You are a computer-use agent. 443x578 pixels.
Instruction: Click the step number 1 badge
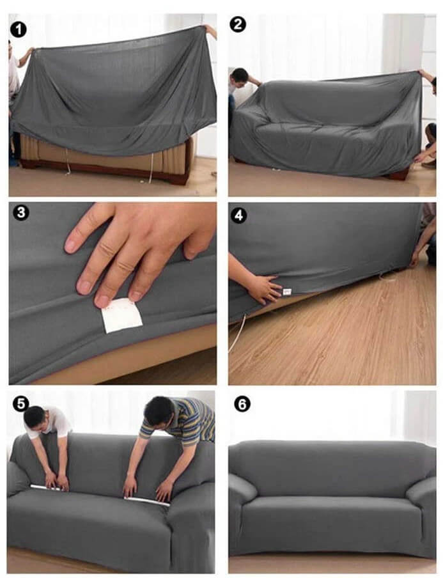pyautogui.click(x=19, y=29)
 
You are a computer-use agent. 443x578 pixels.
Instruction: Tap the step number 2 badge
pyautogui.click(x=237, y=24)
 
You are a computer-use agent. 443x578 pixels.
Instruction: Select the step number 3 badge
pyautogui.click(x=20, y=213)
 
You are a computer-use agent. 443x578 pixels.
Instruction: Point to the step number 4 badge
pyautogui.click(x=238, y=215)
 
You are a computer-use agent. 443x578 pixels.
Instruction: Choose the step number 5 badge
pyautogui.click(x=20, y=404)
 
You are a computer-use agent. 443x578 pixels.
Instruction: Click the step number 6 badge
pyautogui.click(x=242, y=405)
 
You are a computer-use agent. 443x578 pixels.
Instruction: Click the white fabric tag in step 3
pyautogui.click(x=121, y=316)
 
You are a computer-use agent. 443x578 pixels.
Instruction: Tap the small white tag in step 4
pyautogui.click(x=287, y=292)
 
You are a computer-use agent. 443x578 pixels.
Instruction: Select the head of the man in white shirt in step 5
pyautogui.click(x=35, y=418)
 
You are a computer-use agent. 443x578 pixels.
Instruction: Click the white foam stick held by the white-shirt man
pyautogui.click(x=48, y=488)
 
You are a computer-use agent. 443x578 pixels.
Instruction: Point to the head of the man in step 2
pyautogui.click(x=240, y=77)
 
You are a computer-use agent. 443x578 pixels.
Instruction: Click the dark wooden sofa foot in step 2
pyautogui.click(x=398, y=173)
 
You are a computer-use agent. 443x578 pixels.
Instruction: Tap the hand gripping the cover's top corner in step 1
pyautogui.click(x=210, y=30)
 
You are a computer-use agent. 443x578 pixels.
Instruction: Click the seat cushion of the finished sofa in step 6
pyautogui.click(x=331, y=508)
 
